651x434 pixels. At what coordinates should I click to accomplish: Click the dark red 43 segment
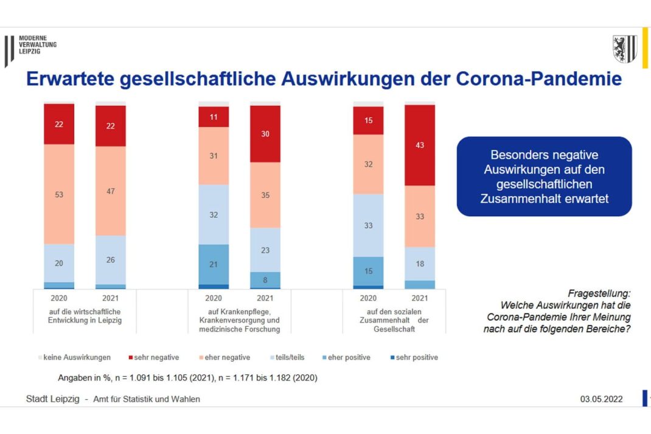coord(420,145)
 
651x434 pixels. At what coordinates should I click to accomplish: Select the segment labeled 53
coord(59,194)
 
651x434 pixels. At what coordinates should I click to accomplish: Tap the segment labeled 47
coord(111,191)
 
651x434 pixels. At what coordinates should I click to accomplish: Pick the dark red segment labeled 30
coord(265,134)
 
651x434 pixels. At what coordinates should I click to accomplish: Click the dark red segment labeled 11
coord(214,116)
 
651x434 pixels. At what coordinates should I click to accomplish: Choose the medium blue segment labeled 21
coord(214,264)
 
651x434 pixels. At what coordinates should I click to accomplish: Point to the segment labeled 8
coord(265,280)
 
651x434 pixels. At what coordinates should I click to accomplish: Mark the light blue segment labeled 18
coord(420,264)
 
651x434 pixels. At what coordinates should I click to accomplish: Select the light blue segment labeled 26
coord(111,260)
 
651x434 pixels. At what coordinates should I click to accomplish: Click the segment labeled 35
coord(265,195)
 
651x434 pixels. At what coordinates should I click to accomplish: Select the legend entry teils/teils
coord(288,357)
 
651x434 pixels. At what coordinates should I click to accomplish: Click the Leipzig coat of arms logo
coord(624,49)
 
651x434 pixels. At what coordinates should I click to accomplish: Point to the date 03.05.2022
coord(601,399)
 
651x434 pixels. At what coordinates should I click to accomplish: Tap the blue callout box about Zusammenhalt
coord(544,177)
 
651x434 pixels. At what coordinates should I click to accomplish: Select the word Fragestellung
coord(599,293)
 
